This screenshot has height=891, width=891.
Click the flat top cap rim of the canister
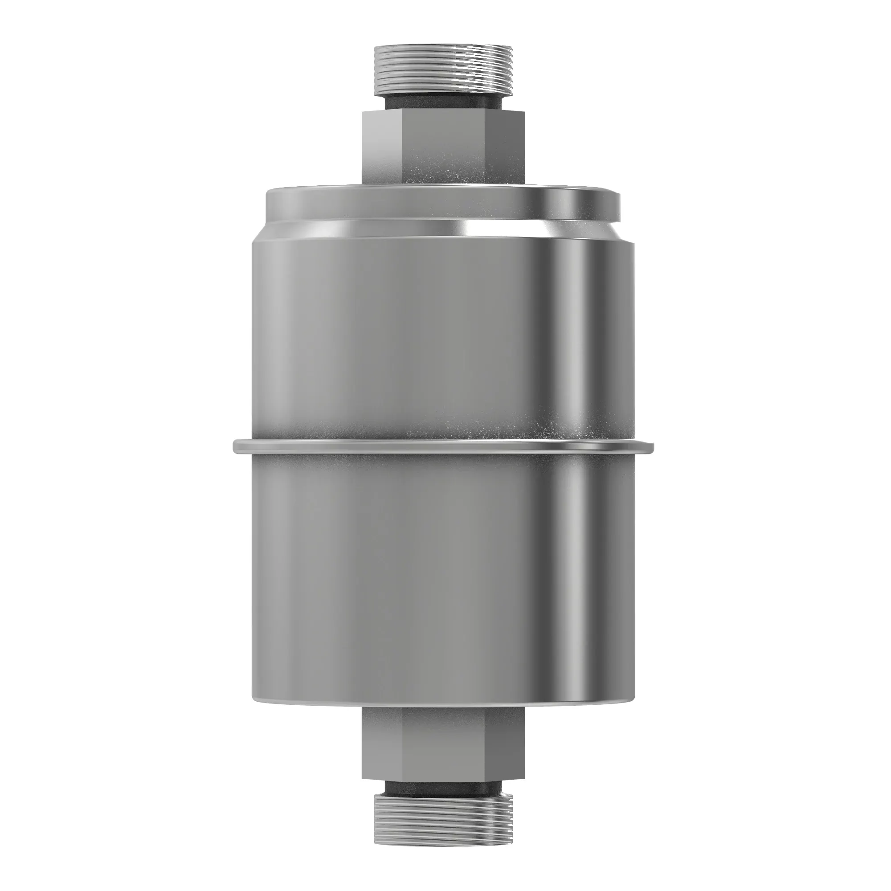point(443,203)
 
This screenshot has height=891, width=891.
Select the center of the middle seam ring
point(443,445)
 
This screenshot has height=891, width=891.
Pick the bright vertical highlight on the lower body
point(576,576)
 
